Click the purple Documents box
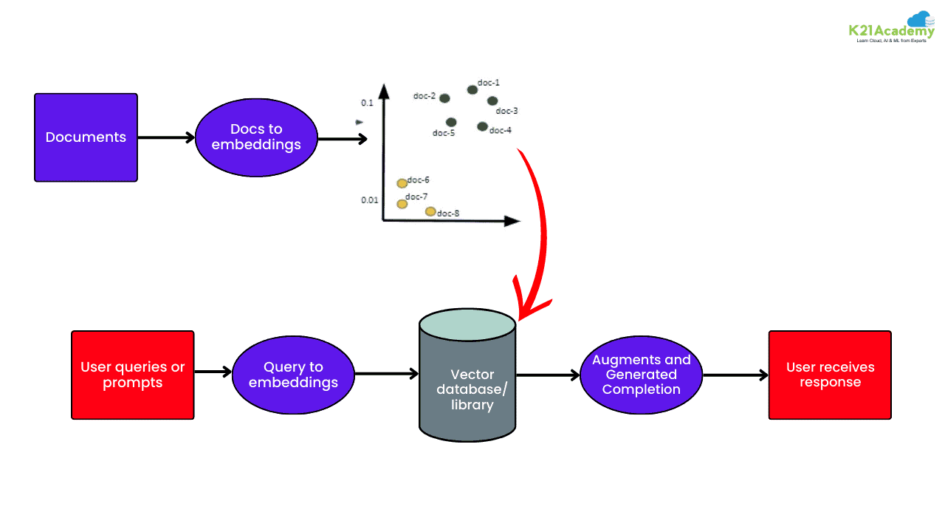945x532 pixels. (x=86, y=137)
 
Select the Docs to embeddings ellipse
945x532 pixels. (x=256, y=137)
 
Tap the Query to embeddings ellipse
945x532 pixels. (x=293, y=375)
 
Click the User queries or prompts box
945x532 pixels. (x=133, y=375)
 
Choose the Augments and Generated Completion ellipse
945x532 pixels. (x=641, y=375)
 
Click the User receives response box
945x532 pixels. (x=830, y=375)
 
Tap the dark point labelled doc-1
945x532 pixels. (x=472, y=90)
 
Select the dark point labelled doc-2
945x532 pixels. (x=444, y=98)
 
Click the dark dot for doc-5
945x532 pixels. (x=451, y=122)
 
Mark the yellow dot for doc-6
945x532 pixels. (x=402, y=183)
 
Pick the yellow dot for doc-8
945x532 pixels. (x=430, y=212)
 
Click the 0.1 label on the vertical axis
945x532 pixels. (x=367, y=103)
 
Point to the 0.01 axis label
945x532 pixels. (x=369, y=200)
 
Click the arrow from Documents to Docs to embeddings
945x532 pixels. (x=166, y=137)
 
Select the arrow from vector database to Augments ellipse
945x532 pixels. (x=547, y=375)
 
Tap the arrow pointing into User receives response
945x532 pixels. (x=735, y=375)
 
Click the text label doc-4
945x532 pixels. (x=501, y=131)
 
